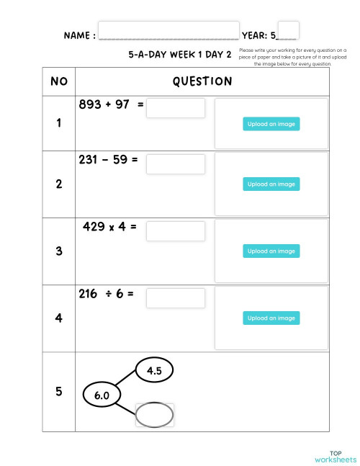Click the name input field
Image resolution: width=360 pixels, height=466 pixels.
point(168,30)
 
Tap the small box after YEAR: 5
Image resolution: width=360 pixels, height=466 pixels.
point(288,30)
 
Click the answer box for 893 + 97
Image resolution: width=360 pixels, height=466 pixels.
point(176,108)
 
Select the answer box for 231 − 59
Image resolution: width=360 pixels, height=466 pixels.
point(176,164)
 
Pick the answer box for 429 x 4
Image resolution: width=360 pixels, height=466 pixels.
point(176,231)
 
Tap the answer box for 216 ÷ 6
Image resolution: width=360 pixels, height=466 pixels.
point(176,298)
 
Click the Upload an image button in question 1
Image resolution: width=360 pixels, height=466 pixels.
point(271,124)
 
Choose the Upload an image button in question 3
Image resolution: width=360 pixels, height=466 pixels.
point(271,251)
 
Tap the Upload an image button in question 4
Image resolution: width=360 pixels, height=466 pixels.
point(271,318)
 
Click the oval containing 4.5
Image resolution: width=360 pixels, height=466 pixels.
point(154,371)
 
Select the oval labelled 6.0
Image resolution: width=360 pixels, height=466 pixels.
point(102,395)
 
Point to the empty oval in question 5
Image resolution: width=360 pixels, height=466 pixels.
point(154,415)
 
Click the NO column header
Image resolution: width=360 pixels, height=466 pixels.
point(58,81)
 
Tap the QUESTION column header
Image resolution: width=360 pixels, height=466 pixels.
point(202,81)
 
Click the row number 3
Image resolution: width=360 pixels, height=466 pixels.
point(58,251)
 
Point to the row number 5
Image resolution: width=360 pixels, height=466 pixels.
point(58,392)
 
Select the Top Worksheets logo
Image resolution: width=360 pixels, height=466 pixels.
point(335,457)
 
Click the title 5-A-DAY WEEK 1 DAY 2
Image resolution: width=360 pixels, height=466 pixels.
point(180,54)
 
